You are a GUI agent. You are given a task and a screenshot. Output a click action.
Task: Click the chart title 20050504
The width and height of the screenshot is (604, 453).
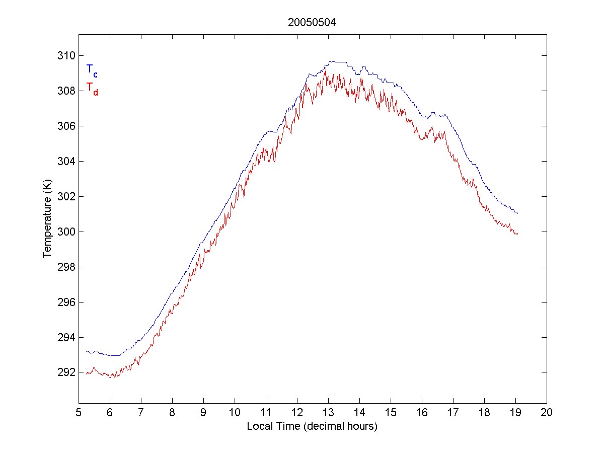[x=312, y=22]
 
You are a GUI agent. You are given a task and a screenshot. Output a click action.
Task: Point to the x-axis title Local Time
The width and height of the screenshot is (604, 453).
[x=312, y=426]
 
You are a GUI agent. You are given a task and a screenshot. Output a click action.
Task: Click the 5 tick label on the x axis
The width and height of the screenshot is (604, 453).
[x=79, y=413]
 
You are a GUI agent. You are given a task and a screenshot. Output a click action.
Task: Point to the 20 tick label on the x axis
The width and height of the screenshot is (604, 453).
[x=547, y=413]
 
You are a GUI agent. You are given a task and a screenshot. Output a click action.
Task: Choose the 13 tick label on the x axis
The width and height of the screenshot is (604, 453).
[x=328, y=413]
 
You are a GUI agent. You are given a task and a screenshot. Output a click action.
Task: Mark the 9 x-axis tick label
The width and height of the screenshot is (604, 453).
[x=203, y=413]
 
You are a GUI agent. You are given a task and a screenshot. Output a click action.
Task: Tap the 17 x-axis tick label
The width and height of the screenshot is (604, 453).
[x=453, y=413]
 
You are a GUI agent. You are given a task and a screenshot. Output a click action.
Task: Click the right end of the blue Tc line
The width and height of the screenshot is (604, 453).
[x=517, y=213]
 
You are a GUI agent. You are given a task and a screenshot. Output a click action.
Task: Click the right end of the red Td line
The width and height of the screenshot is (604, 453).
[x=517, y=234]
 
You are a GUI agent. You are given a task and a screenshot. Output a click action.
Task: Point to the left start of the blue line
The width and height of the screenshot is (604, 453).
[x=87, y=351]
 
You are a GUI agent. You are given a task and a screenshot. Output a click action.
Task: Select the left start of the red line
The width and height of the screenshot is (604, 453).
[x=87, y=373]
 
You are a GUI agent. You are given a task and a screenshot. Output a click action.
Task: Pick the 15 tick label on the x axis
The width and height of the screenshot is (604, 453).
[x=391, y=413]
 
